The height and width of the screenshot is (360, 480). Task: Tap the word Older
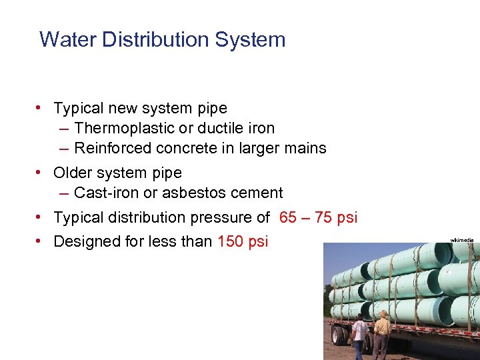pos(73,173)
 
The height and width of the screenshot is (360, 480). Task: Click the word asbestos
pos(193,193)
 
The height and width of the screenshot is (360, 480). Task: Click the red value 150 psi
pos(243,241)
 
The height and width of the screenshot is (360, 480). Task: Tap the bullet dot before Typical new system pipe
pos(41,108)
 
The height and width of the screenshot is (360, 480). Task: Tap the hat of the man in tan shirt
pos(383,314)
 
